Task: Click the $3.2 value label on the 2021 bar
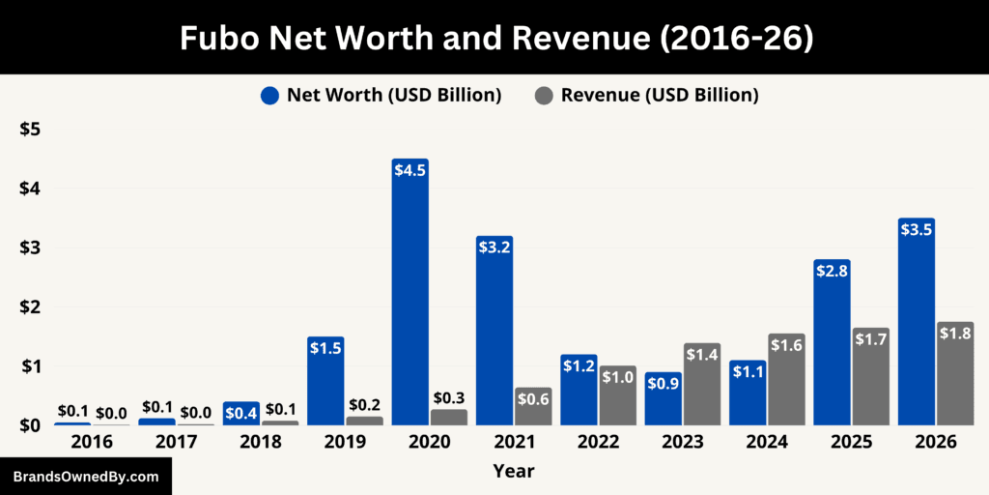click(x=494, y=247)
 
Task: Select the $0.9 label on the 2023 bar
click(x=664, y=383)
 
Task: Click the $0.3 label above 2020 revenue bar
click(x=449, y=397)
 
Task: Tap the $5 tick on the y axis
click(x=30, y=130)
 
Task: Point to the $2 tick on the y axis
click(x=30, y=306)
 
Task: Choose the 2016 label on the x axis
click(x=91, y=442)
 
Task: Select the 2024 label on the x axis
click(x=767, y=442)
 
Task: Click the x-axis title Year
click(x=513, y=472)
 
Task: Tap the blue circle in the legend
click(x=269, y=96)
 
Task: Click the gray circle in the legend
click(x=544, y=96)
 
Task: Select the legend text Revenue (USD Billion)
click(x=659, y=95)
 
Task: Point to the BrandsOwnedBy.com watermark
click(x=86, y=477)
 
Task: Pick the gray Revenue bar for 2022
click(x=618, y=395)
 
